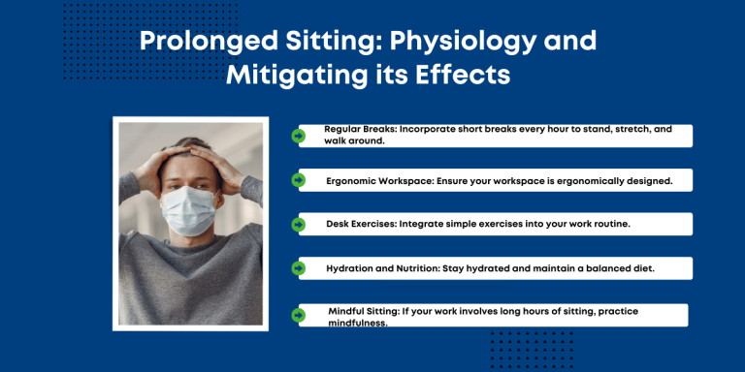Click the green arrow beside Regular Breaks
(298, 136)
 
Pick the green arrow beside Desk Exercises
(298, 225)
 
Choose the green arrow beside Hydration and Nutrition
(298, 268)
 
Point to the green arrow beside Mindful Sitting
(298, 315)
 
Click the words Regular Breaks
(359, 129)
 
